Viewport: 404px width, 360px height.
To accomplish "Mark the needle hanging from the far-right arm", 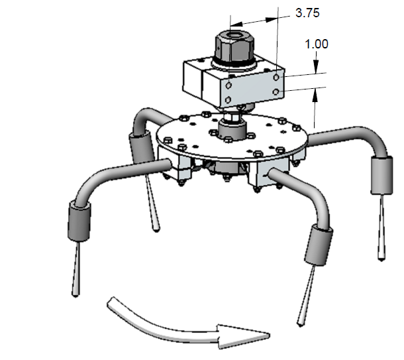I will tap(381, 225).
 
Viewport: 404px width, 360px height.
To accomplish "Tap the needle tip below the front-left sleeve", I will tap(74, 292).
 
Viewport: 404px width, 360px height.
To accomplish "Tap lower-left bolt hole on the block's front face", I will tap(228, 99).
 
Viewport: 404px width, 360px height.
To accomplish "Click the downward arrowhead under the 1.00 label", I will tap(317, 67).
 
